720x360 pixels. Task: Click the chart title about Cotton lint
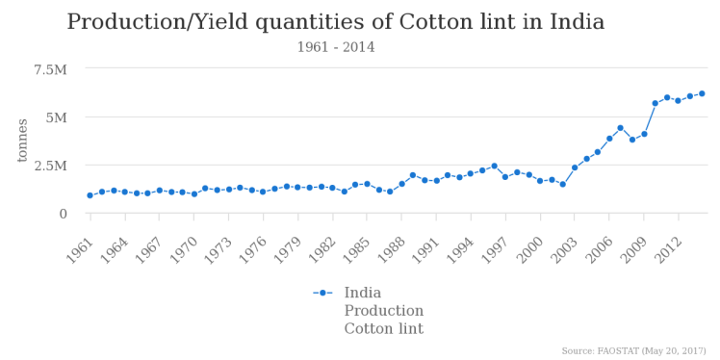335,22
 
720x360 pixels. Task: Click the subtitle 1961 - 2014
335,47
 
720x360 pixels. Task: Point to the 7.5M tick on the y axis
50,69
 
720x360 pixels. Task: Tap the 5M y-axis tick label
55,117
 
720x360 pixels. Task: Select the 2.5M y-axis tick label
50,166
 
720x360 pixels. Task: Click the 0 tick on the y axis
63,214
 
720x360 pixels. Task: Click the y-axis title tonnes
22,141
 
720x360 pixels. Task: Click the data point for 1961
90,195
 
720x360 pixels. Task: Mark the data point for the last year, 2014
702,93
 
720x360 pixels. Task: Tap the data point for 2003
575,167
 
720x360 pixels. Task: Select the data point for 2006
609,139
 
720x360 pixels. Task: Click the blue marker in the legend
323,293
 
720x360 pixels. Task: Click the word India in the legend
363,293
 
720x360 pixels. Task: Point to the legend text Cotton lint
383,329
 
